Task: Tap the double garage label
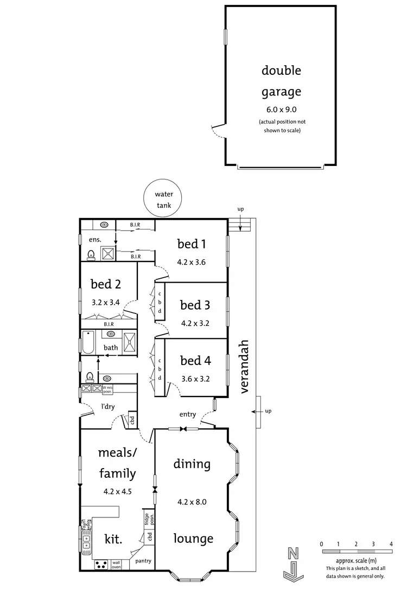tap(281, 81)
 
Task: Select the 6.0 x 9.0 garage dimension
tap(281, 110)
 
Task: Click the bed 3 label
tap(195, 305)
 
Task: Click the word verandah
tap(244, 366)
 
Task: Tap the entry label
tap(187, 414)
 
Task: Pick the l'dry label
tap(107, 406)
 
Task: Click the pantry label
tap(143, 561)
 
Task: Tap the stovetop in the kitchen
tap(101, 565)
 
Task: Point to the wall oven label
tap(116, 565)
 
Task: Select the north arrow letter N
tap(294, 554)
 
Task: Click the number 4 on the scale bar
tap(391, 543)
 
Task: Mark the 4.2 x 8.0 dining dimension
tap(192, 502)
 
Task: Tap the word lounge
tap(193, 539)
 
